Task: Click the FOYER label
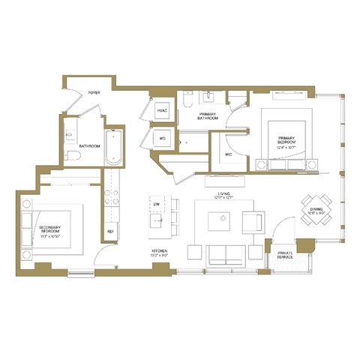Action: [94, 92]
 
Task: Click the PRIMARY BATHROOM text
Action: [208, 116]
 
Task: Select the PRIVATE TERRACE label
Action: [284, 255]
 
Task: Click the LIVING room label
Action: [223, 196]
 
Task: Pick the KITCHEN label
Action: [158, 252]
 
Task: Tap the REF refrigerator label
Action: [110, 231]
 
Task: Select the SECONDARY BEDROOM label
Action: [49, 229]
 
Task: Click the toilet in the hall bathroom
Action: [73, 157]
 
